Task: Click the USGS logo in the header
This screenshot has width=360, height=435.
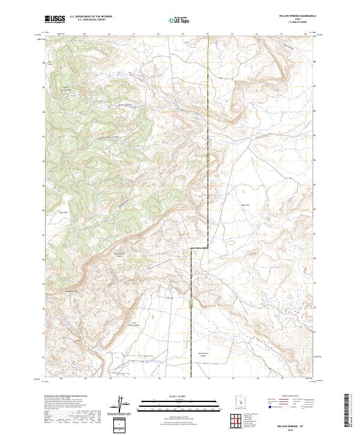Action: (x=55, y=20)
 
